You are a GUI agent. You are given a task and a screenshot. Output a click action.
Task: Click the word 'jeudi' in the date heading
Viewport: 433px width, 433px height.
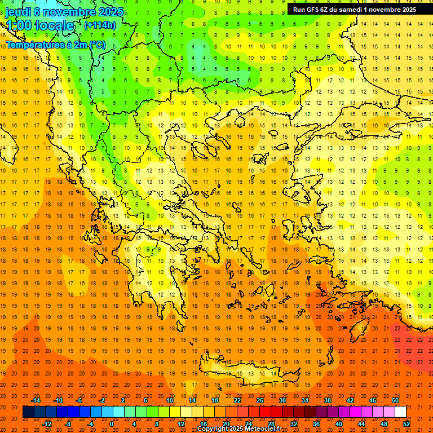click(18, 11)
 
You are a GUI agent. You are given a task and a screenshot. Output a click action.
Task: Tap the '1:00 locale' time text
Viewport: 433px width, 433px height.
click(40, 25)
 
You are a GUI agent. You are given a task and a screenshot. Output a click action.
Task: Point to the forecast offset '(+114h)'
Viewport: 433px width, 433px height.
click(100, 25)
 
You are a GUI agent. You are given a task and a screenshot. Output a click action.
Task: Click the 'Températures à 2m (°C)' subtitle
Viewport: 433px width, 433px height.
click(55, 45)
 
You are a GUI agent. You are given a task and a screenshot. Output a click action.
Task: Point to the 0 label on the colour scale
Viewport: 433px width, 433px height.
click(112, 423)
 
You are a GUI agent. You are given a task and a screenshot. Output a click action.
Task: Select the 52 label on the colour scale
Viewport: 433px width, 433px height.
click(407, 423)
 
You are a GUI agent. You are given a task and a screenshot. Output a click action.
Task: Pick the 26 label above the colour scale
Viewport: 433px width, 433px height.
click(260, 400)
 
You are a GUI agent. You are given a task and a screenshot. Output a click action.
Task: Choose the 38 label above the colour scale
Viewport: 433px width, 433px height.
click(328, 400)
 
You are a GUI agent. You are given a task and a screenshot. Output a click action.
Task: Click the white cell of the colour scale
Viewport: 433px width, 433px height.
click(400, 412)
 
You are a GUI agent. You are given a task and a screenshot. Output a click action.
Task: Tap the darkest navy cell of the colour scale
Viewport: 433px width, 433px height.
click(28, 412)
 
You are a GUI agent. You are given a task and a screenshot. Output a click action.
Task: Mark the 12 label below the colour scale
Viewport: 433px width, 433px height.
click(181, 423)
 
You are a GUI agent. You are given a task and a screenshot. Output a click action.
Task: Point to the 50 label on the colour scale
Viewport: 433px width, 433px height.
click(395, 400)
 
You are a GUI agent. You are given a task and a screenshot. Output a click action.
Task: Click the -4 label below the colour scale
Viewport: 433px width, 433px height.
click(89, 423)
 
